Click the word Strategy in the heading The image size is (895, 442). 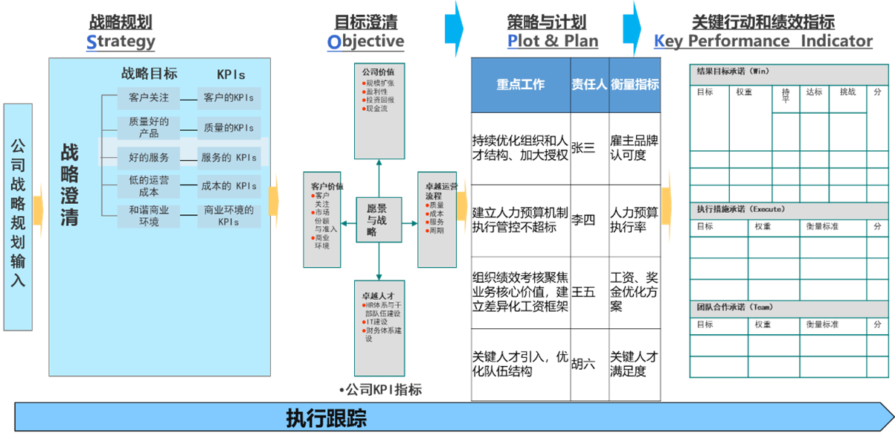[121, 41]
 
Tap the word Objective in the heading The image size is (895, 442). [365, 41]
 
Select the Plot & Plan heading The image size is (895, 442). [552, 41]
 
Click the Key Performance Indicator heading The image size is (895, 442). [763, 41]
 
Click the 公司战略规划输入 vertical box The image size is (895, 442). [18, 217]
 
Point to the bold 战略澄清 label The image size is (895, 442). [69, 185]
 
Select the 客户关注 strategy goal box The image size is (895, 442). [149, 97]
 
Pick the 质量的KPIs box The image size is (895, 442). [228, 128]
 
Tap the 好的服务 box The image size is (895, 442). [149, 158]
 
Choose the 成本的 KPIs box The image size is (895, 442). [228, 186]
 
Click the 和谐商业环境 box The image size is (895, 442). [149, 216]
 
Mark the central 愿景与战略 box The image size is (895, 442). [378, 220]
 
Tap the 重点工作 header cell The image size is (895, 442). [521, 85]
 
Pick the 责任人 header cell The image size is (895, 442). [589, 85]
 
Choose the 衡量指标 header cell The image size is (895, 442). [635, 85]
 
